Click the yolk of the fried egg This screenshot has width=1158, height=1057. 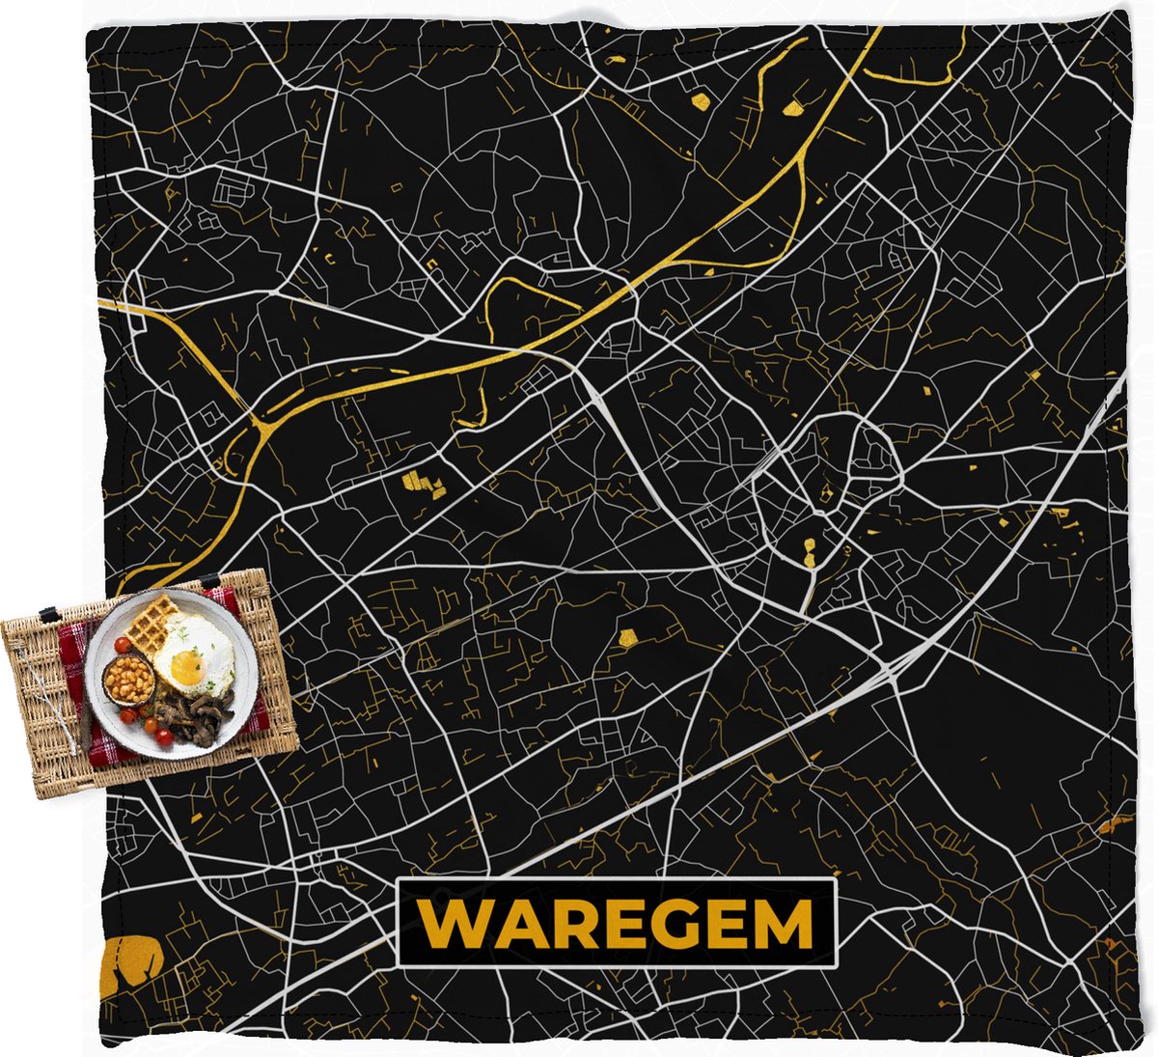(185, 668)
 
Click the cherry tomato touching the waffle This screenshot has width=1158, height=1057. (123, 645)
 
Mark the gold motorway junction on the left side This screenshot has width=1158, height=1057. (261, 426)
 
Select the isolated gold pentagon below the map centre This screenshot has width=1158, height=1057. (629, 637)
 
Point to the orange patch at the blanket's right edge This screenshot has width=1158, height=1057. (1117, 823)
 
